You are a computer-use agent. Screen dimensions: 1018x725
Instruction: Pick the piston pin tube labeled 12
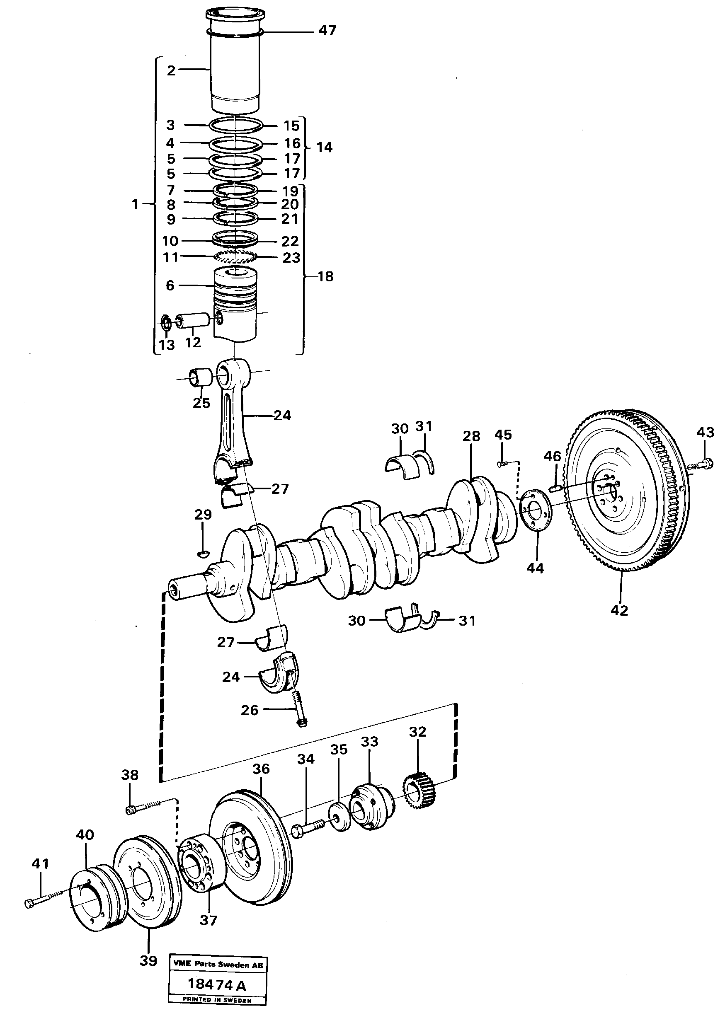(192, 321)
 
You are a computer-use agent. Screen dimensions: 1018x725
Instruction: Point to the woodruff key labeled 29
(202, 554)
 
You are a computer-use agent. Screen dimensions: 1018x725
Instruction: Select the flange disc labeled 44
(536, 511)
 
